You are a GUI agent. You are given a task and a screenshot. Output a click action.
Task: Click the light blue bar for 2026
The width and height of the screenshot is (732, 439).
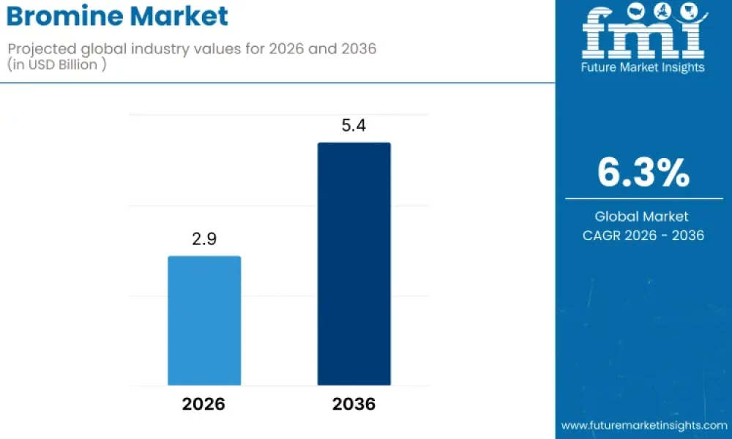click(x=204, y=320)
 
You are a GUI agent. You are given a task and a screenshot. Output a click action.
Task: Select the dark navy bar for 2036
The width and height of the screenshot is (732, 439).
click(x=354, y=264)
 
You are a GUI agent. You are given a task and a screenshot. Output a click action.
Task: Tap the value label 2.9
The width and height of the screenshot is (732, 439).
click(x=204, y=239)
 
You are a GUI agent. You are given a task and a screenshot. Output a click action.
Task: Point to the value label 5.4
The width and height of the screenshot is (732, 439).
click(x=354, y=126)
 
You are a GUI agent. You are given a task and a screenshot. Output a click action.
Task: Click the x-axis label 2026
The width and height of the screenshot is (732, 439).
click(x=203, y=404)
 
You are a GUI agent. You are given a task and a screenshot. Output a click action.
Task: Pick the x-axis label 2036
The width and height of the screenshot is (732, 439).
click(x=354, y=404)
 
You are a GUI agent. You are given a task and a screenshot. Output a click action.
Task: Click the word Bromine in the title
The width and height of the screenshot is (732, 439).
click(x=64, y=16)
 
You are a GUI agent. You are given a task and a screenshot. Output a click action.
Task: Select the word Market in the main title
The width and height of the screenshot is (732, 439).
click(x=179, y=16)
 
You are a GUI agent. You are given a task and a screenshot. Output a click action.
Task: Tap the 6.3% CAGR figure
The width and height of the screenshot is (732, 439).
click(x=643, y=173)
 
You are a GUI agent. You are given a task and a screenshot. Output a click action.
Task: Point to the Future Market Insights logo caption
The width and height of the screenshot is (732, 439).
click(x=643, y=67)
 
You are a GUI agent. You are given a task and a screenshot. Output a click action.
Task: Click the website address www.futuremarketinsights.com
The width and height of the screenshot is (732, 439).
click(x=644, y=426)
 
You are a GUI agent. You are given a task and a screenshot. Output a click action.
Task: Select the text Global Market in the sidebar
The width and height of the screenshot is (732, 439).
click(x=641, y=217)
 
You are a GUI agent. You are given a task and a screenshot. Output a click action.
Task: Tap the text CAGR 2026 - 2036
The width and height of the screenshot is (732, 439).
click(x=643, y=235)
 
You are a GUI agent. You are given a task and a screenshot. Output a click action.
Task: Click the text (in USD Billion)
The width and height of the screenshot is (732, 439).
click(x=56, y=64)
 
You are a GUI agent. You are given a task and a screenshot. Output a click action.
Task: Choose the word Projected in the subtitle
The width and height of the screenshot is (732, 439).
click(x=39, y=49)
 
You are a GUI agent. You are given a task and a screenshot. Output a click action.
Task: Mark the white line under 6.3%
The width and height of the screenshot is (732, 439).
click(x=643, y=199)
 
